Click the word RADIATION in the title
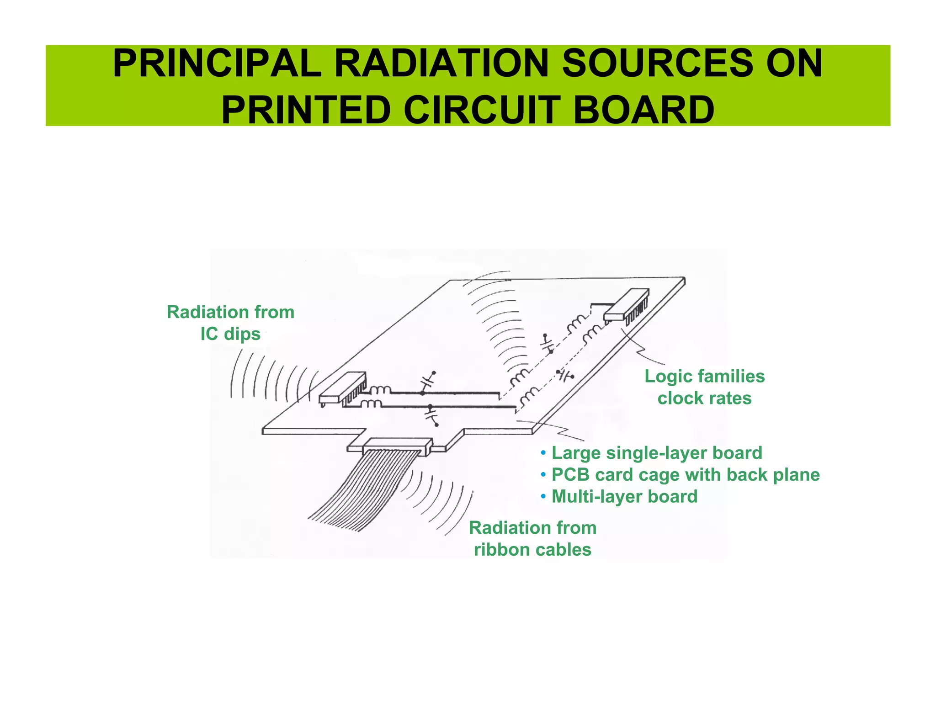tap(441, 64)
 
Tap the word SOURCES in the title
tap(657, 64)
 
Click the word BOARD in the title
tap(643, 111)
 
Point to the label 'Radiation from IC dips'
tap(230, 323)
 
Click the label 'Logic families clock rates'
tap(704, 387)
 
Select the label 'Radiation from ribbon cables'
tap(532, 538)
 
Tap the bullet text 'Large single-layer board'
tap(657, 453)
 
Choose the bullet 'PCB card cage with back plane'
tap(686, 474)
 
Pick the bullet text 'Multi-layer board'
tap(624, 496)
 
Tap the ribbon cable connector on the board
tap(398, 445)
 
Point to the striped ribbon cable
tap(361, 491)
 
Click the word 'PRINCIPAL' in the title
tap(217, 64)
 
